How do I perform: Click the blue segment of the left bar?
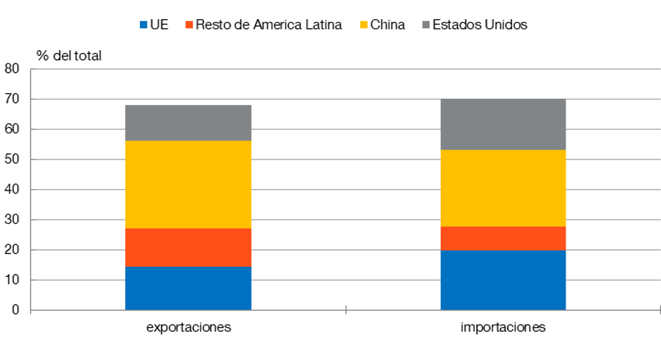pos(189,288)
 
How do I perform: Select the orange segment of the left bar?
pos(189,247)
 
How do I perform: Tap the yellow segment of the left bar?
pos(189,184)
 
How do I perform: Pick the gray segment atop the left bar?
pos(189,122)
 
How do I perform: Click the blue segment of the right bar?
pos(503,280)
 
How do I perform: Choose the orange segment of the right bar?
pos(503,238)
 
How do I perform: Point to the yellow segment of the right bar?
pos(503,188)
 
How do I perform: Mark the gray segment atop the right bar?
pos(503,124)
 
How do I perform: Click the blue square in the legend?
pos(143,25)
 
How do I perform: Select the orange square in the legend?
pos(189,25)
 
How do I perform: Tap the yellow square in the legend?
pos(364,25)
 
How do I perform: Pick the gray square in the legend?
pos(426,25)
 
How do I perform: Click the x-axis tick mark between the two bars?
pos(346,310)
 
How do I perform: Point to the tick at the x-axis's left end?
pos(31,313)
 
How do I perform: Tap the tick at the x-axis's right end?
pos(659,310)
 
